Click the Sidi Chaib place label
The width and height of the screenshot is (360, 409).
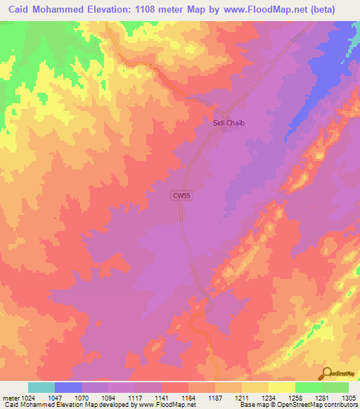click(x=228, y=122)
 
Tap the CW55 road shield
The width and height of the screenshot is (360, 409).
click(x=181, y=197)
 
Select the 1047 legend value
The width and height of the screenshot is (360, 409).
click(x=54, y=398)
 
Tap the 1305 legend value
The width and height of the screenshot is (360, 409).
click(x=348, y=398)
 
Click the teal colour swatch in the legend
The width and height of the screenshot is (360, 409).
click(x=41, y=387)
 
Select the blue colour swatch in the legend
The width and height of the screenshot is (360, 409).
click(x=67, y=387)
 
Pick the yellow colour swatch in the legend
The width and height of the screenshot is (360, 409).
click(x=281, y=387)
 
